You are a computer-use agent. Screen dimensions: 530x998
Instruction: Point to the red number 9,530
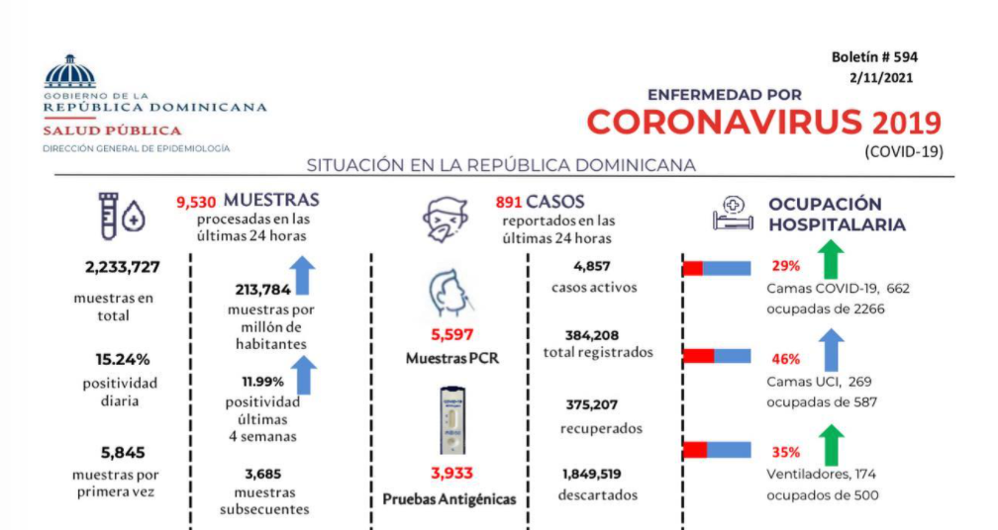(196, 202)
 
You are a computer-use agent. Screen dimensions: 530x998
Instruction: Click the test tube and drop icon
(121, 217)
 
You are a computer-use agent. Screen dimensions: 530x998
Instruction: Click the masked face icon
(447, 219)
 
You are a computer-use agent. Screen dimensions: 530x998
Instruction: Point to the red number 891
(508, 202)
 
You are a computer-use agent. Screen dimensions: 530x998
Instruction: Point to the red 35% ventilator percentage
(786, 452)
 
